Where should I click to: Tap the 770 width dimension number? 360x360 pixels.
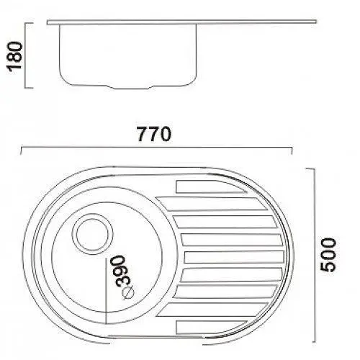click(154, 134)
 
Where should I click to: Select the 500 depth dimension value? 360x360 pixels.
click(328, 255)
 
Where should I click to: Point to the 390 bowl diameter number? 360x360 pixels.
click(122, 271)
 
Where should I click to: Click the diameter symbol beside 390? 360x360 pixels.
click(128, 293)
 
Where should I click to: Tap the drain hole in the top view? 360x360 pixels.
click(92, 234)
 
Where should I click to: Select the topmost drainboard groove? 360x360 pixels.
click(211, 186)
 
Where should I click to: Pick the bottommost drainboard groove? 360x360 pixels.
click(211, 327)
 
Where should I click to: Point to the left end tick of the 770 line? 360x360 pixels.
click(22, 150)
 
